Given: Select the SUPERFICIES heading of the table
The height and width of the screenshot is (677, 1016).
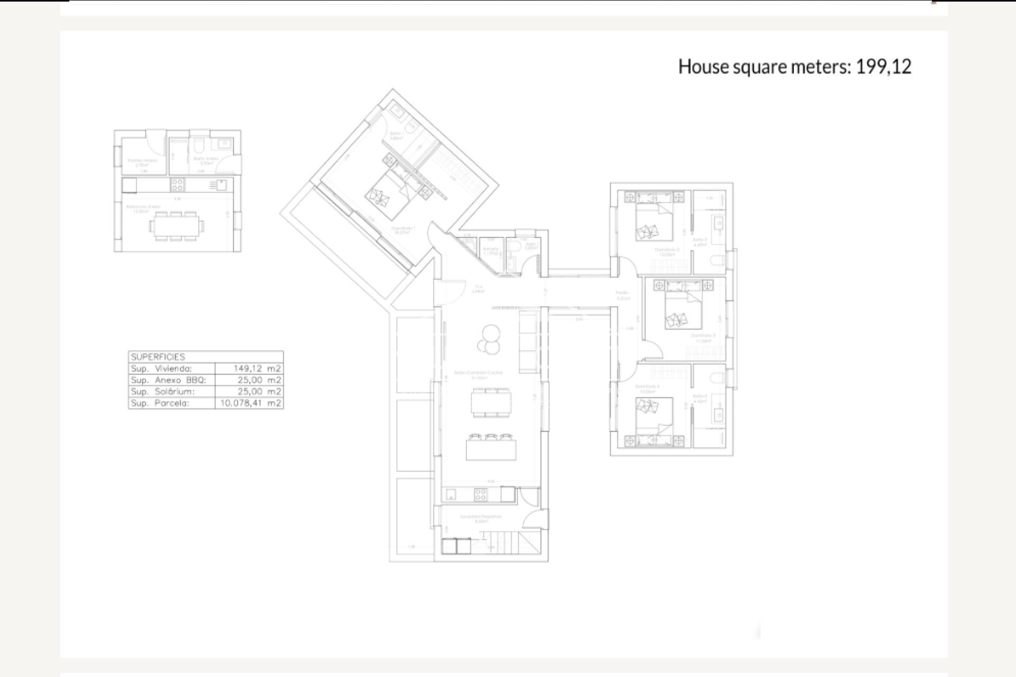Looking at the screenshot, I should pos(158,356).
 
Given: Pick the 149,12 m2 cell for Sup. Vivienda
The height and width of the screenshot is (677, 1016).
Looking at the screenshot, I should pos(257,369).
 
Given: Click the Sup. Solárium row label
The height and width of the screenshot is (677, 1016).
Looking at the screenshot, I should pos(163,392).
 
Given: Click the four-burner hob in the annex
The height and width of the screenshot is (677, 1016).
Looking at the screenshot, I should pos(177,185).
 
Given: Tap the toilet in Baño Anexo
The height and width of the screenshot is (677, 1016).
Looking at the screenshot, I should pos(199,145).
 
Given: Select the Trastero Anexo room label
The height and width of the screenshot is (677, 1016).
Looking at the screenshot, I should pos(142,162).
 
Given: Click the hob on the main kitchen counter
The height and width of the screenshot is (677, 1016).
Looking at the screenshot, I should pos(480,495).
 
